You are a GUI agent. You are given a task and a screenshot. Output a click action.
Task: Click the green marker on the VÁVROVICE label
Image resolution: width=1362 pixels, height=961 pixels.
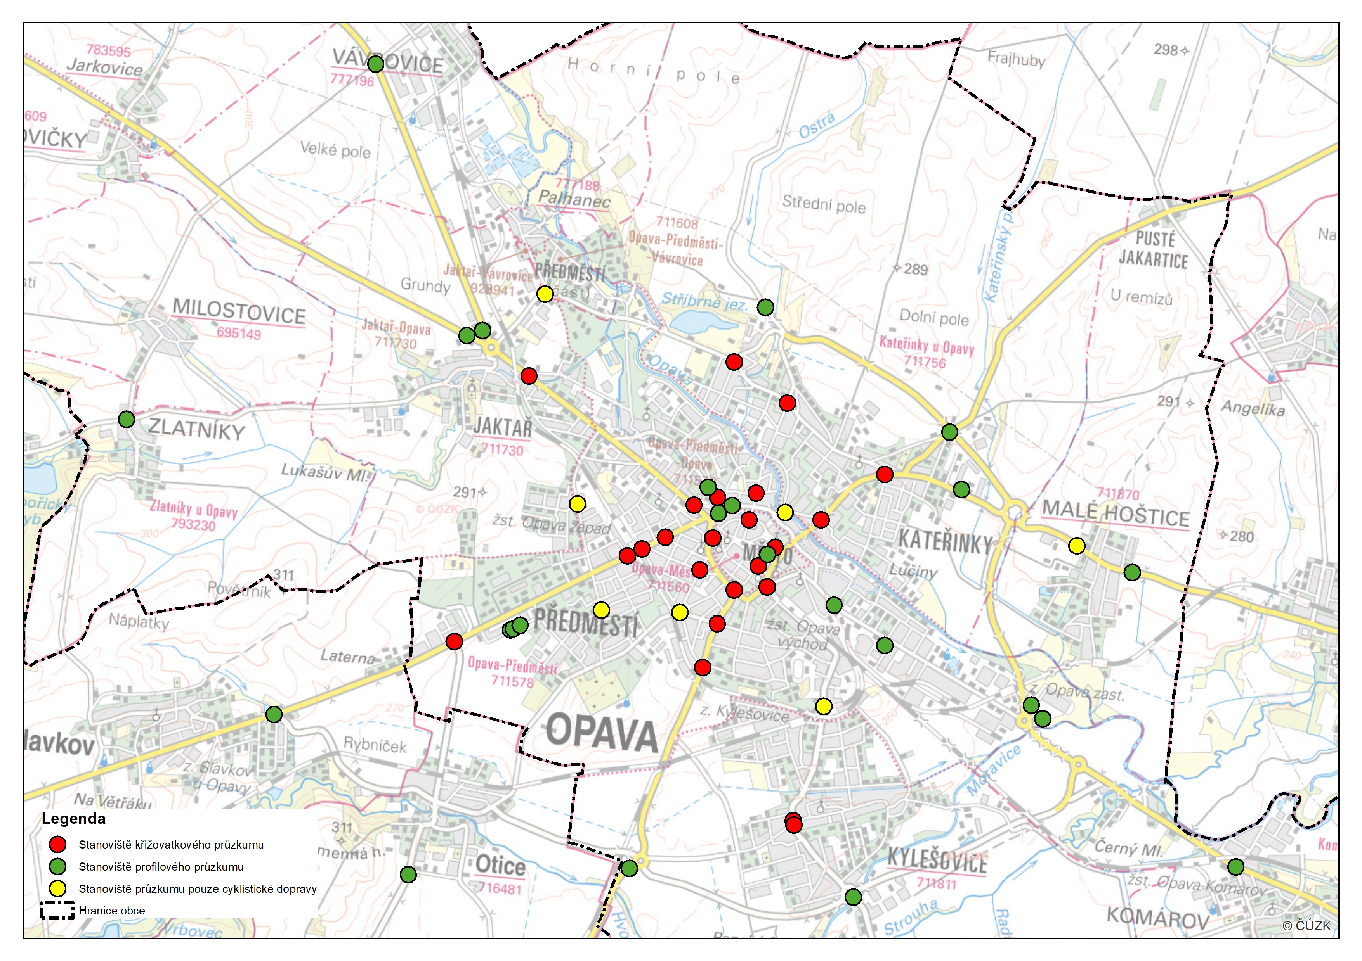click(x=375, y=64)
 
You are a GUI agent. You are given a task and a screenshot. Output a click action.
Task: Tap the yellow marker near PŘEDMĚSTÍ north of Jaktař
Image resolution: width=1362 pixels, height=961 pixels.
click(x=545, y=294)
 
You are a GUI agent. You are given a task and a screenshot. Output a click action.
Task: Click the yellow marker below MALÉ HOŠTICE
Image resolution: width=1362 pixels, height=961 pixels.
click(x=1077, y=545)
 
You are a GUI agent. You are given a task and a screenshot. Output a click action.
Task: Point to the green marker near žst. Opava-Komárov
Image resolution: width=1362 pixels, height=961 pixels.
click(x=1235, y=867)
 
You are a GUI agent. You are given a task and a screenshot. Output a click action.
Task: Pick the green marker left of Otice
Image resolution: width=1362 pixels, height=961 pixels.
click(x=408, y=875)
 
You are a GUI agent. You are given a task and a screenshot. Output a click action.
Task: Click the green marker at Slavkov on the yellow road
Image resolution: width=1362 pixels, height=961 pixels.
click(x=274, y=714)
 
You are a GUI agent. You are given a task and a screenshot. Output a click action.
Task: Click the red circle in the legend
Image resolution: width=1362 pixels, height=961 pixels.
click(x=57, y=844)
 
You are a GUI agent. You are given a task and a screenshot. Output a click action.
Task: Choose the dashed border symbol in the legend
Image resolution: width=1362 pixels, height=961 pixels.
click(x=57, y=910)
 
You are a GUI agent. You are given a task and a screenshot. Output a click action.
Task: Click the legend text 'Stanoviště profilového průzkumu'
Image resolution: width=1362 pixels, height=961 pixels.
click(x=161, y=867)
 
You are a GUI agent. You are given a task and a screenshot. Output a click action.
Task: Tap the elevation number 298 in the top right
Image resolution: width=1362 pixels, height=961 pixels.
click(x=1165, y=50)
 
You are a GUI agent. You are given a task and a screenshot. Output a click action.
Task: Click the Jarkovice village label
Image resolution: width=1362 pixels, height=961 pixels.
click(x=104, y=67)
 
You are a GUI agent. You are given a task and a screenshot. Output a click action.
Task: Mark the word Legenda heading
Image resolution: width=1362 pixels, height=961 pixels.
click(x=74, y=819)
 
